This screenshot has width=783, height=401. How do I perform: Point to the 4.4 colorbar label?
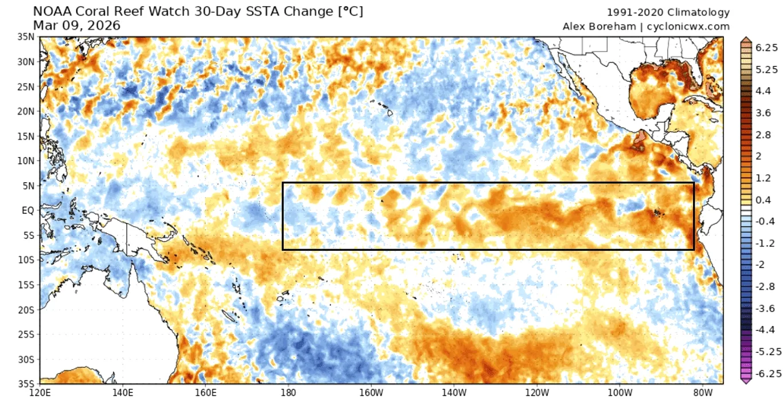tap(746, 91)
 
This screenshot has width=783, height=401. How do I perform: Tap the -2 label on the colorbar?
tap(744, 264)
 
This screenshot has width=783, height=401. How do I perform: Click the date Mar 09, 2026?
tap(77, 25)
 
